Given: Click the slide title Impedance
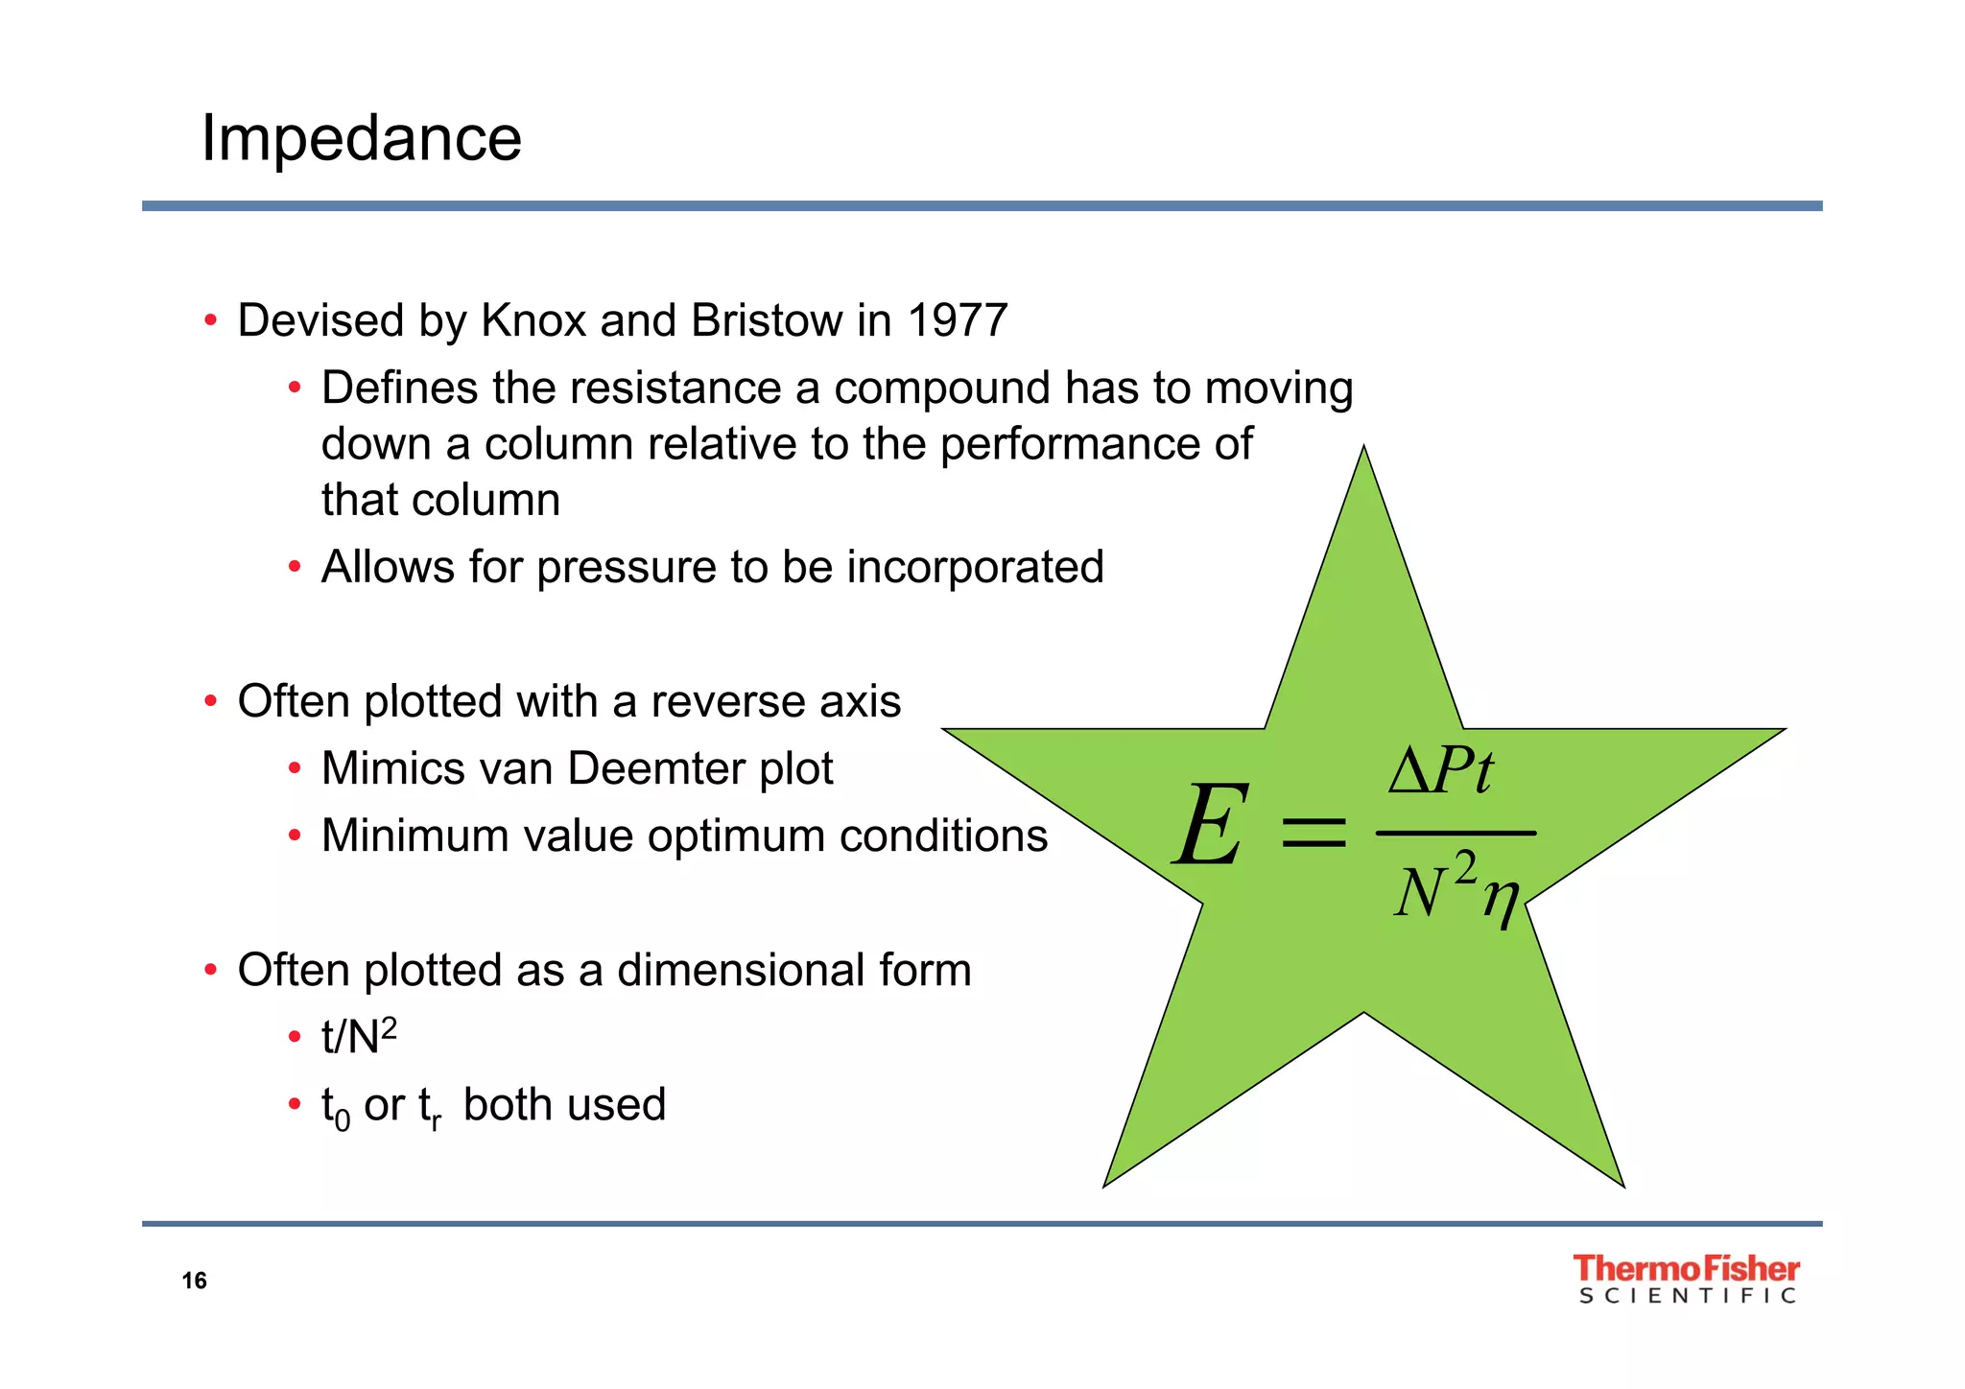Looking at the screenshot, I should [x=361, y=139].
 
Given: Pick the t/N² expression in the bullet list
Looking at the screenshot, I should [x=359, y=1036].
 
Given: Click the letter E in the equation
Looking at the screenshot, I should [x=1211, y=826].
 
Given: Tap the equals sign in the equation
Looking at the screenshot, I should [x=1314, y=832].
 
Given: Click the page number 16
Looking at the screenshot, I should [x=194, y=1282].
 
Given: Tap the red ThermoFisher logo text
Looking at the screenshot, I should [x=1686, y=1269].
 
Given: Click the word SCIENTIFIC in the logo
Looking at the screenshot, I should [x=1687, y=1297].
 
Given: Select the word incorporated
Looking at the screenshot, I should [x=975, y=568].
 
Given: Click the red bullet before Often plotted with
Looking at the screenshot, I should [x=210, y=702].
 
